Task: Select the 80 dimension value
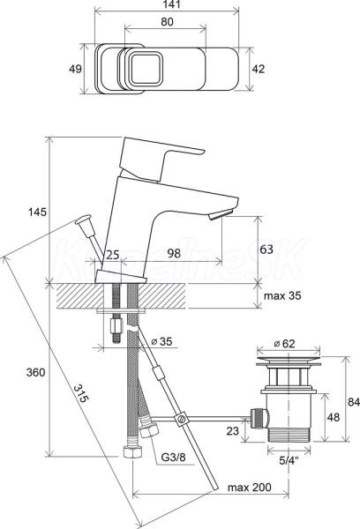coord(167,21)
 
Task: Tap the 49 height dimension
coord(75,69)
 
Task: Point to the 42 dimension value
coord(259,69)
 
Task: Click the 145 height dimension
coord(37,212)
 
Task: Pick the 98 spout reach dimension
coord(174,253)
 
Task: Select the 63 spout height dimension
coord(266,250)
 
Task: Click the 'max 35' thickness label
coord(282,296)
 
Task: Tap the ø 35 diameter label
coord(161,341)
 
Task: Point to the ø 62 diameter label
coord(284,344)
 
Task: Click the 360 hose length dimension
coord(35,372)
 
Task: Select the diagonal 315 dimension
coord(81,393)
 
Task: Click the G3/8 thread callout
coord(173,458)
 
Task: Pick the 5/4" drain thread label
coord(289,460)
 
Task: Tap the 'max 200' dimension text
coord(249,488)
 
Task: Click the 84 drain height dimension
coord(354,402)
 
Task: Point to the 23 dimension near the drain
coord(232,430)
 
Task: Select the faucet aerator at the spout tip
coord(221,214)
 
